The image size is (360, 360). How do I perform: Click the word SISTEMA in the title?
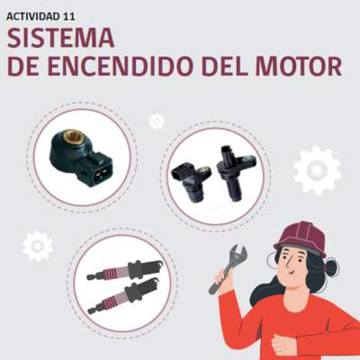click(60, 39)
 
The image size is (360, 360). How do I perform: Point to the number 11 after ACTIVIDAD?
click(69, 17)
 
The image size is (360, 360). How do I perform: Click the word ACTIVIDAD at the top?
click(33, 17)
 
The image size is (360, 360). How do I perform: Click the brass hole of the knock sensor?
click(71, 137)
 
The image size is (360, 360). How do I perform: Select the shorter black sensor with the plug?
click(191, 181)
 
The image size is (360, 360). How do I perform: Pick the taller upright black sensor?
click(235, 173)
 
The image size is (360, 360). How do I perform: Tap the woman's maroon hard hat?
click(301, 239)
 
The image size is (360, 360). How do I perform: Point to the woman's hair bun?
click(332, 267)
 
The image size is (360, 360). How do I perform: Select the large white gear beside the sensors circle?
click(317, 170)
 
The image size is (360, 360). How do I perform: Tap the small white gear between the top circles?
click(157, 121)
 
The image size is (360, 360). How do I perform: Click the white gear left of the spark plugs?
click(38, 246)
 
